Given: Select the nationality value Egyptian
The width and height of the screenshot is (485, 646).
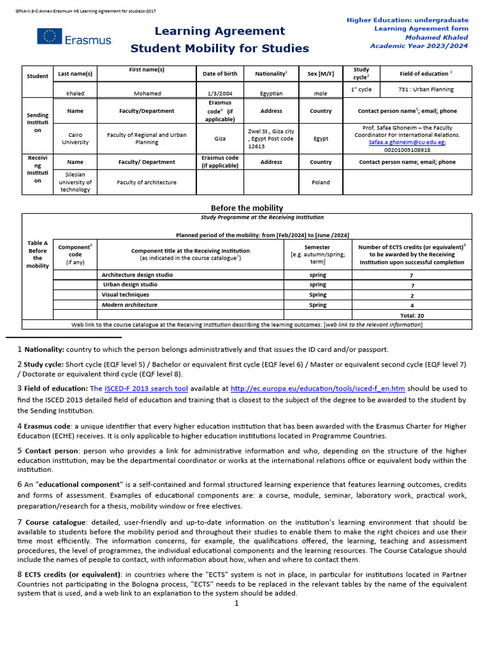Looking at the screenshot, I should point(270,93).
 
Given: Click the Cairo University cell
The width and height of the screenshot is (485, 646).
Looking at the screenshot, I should point(75,138).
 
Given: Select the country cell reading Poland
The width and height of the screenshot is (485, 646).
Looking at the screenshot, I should point(320,182).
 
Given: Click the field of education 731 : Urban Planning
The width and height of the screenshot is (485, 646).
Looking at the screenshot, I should point(426,89).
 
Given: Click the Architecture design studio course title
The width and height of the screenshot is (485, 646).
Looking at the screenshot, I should point(137,275).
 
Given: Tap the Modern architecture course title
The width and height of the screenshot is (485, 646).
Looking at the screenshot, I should point(129,305).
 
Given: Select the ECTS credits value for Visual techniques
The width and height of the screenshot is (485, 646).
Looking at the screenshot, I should point(412,295).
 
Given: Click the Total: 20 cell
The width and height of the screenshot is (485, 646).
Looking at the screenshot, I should point(412,315).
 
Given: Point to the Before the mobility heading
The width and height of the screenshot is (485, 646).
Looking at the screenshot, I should point(246,208).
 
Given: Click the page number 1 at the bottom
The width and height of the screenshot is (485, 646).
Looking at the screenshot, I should point(236,603).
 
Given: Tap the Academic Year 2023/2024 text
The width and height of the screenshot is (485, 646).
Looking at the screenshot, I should point(419,46).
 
